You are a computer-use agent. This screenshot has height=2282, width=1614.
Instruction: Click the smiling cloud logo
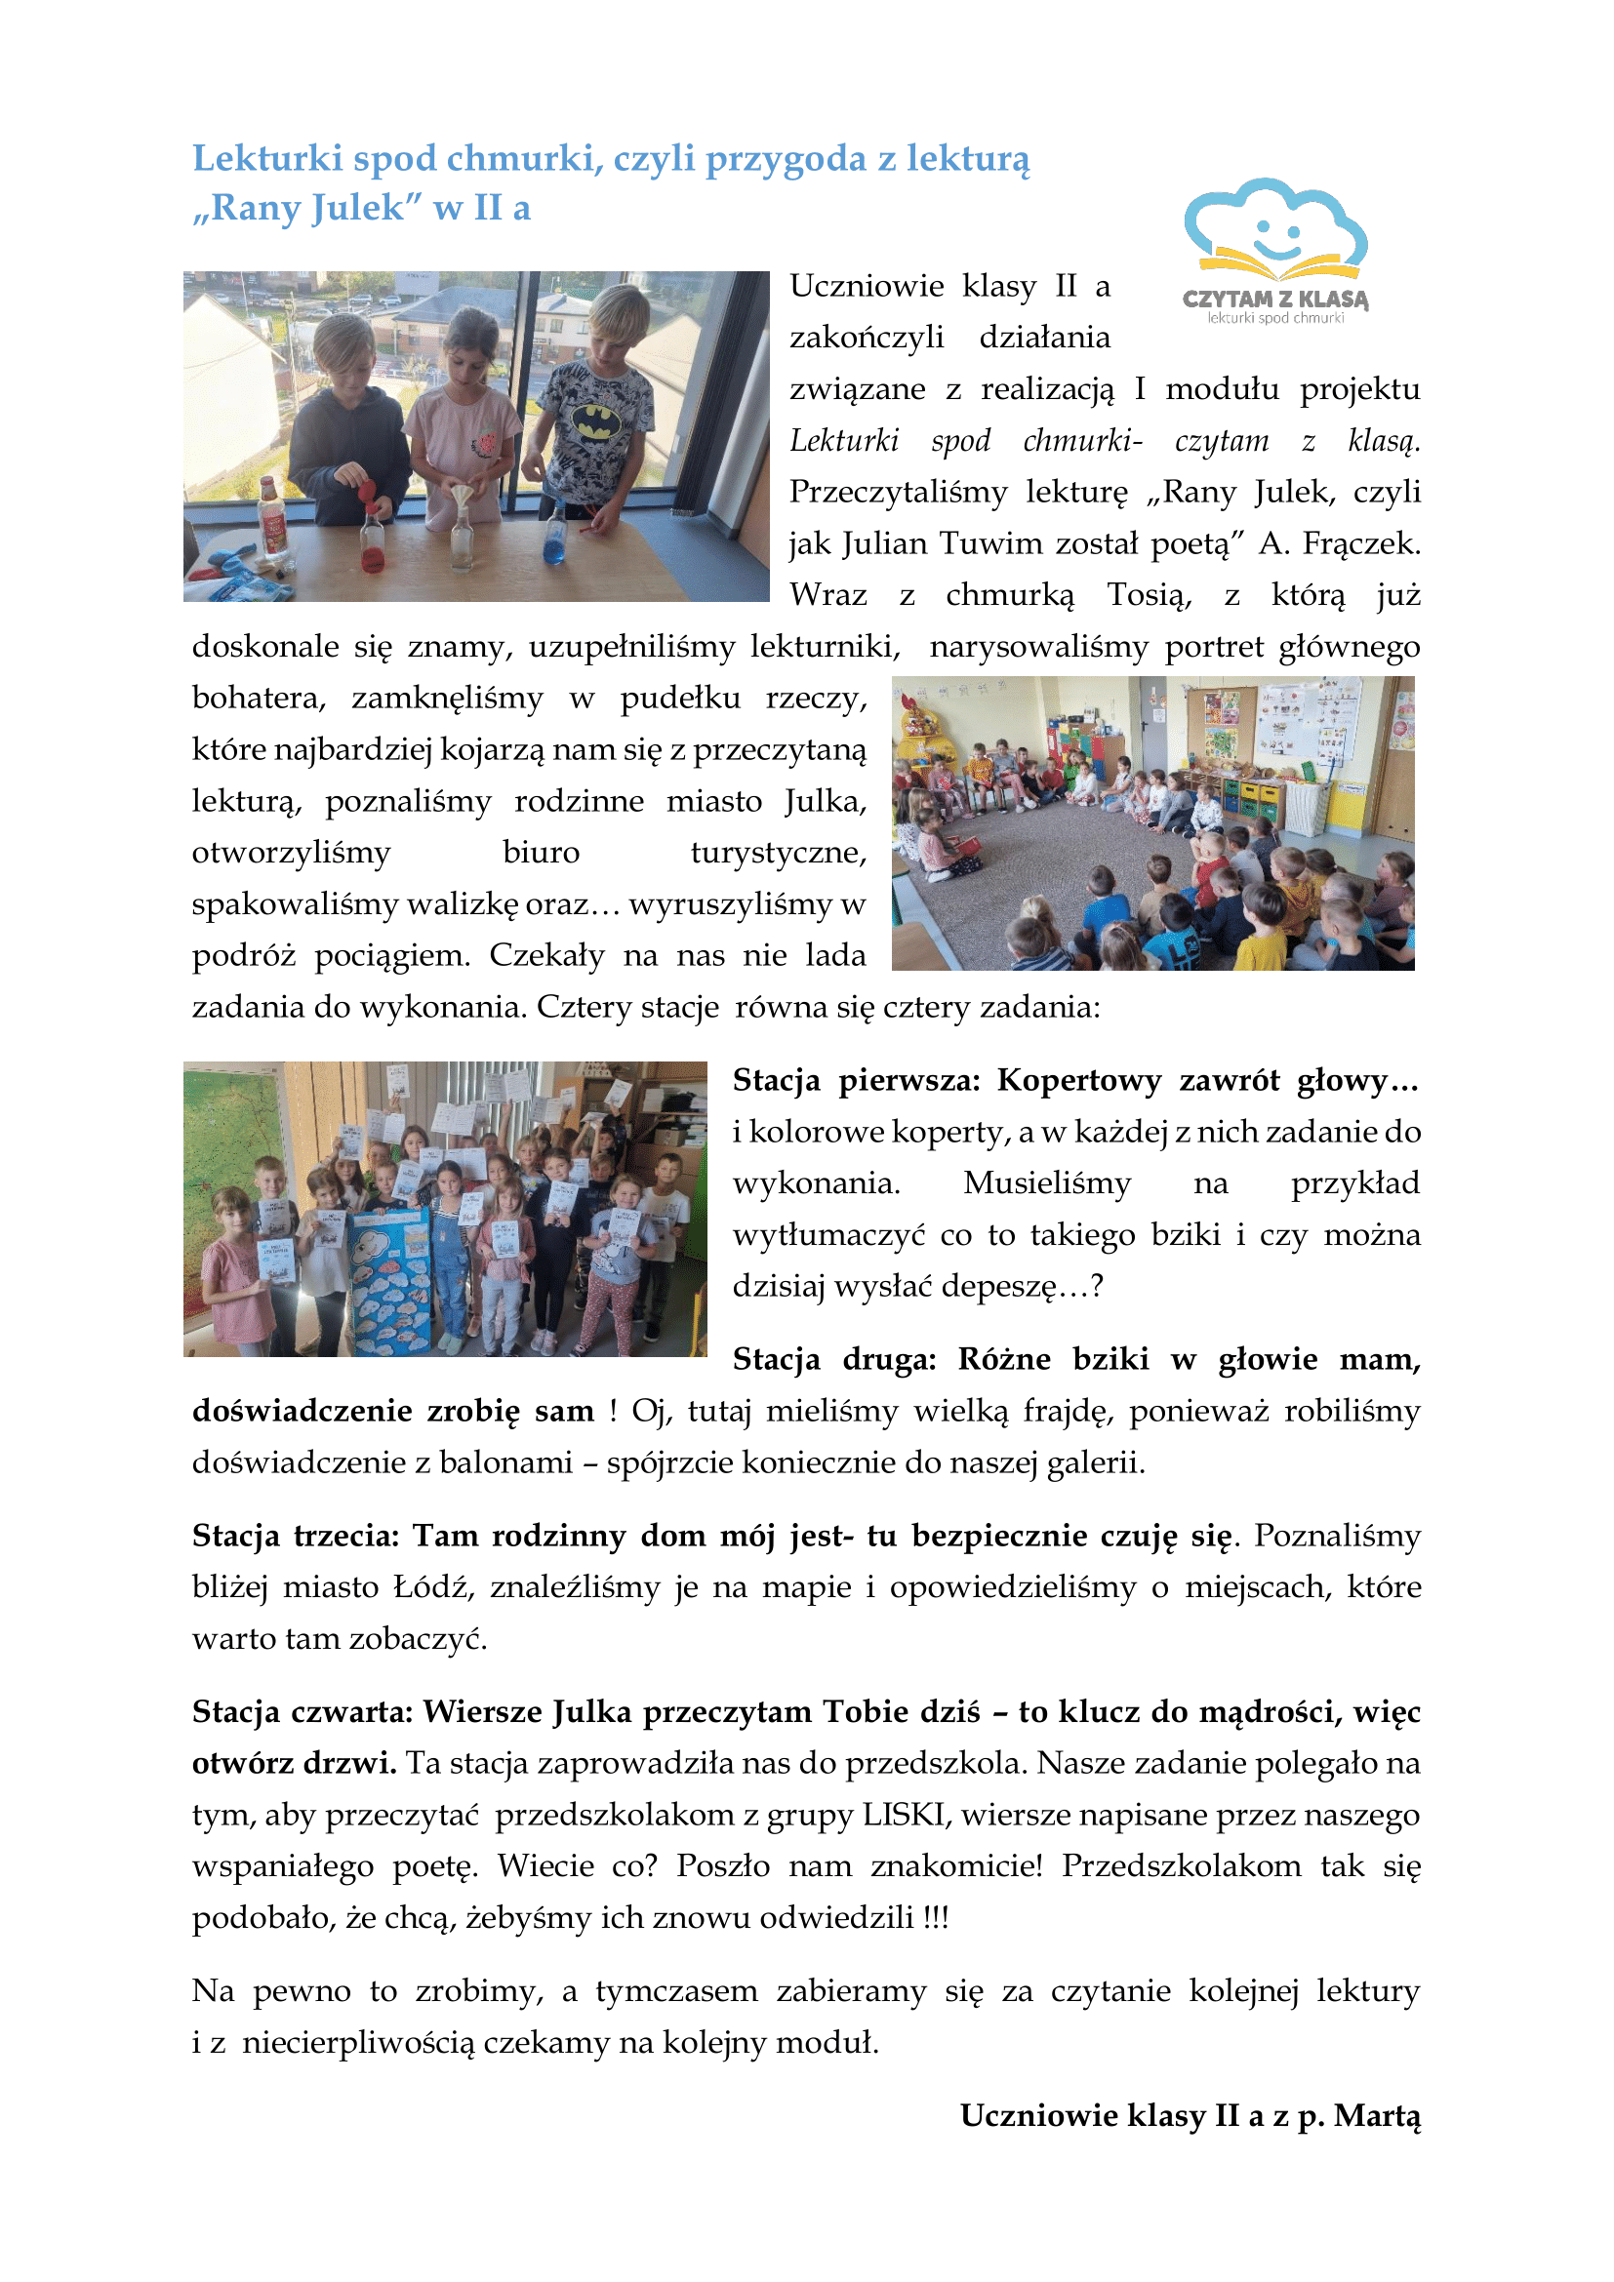(x=1275, y=229)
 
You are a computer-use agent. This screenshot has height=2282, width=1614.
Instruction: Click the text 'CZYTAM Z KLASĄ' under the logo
(x=1275, y=299)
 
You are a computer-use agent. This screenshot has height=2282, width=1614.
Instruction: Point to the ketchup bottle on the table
(x=271, y=517)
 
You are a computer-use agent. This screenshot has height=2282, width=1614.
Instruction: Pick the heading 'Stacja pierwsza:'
(x=857, y=1080)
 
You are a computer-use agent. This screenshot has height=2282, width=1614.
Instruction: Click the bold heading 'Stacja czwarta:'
(x=303, y=1711)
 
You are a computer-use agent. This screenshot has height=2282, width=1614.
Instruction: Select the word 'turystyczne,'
(x=778, y=853)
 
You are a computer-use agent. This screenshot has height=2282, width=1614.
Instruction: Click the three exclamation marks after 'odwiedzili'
(x=935, y=1917)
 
